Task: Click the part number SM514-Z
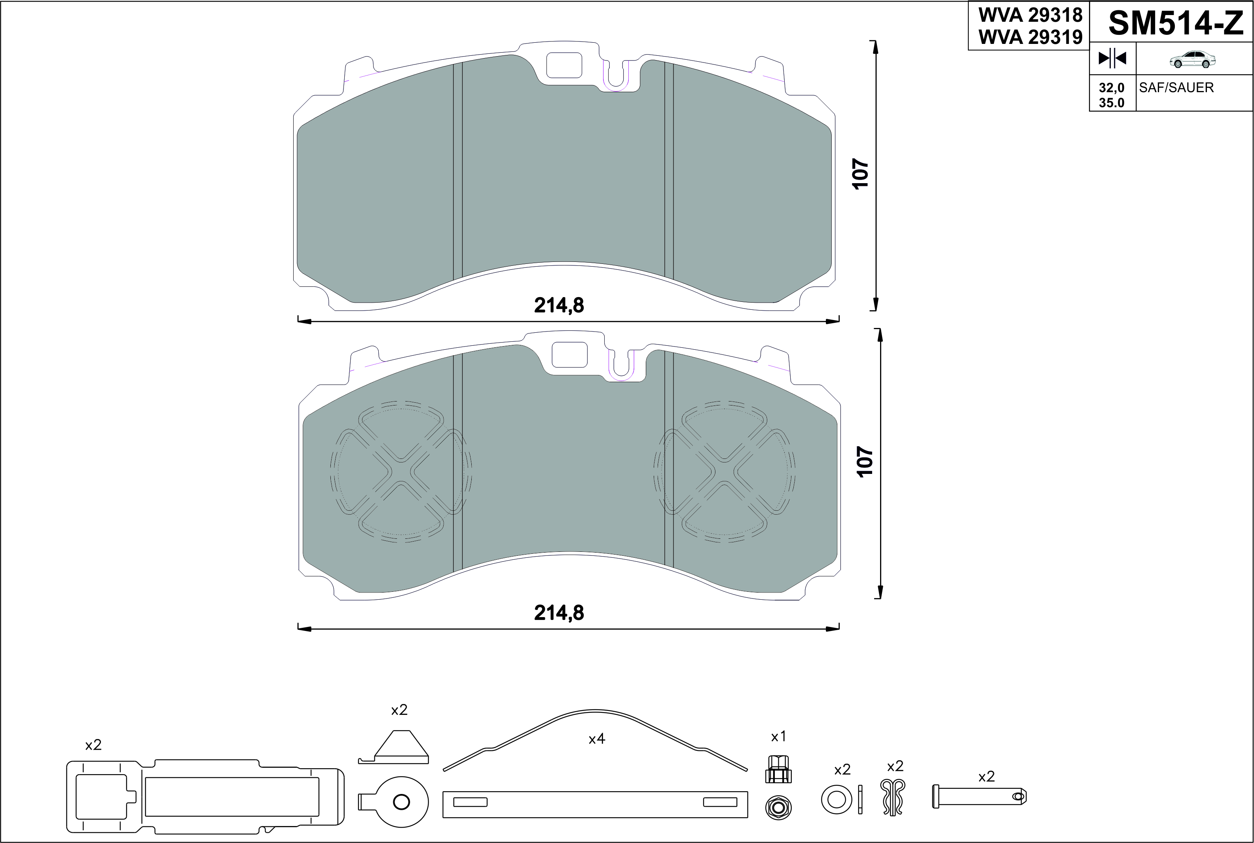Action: pyautogui.click(x=1176, y=24)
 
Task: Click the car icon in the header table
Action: pyautogui.click(x=1193, y=60)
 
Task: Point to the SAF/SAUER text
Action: pyautogui.click(x=1176, y=88)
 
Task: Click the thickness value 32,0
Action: pyautogui.click(x=1111, y=88)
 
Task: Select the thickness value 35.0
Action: pyautogui.click(x=1111, y=103)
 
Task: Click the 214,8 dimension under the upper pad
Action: pyautogui.click(x=559, y=305)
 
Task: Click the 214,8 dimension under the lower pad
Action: pyautogui.click(x=559, y=613)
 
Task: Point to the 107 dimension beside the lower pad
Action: pyautogui.click(x=865, y=461)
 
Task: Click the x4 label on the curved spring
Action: pyautogui.click(x=597, y=739)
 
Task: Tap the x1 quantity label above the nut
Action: pyautogui.click(x=778, y=737)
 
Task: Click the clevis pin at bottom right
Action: pyautogui.click(x=979, y=796)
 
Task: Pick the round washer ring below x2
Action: pyautogui.click(x=836, y=799)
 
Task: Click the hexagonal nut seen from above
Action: pyautogui.click(x=778, y=807)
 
